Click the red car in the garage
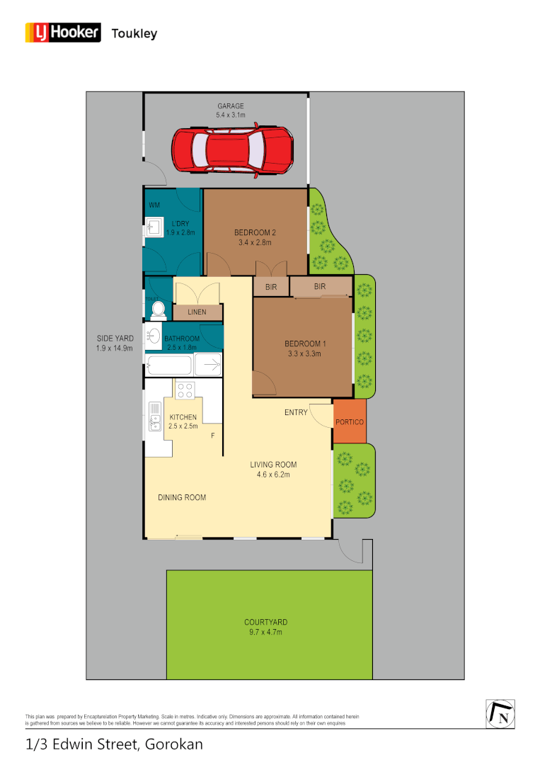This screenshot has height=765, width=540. coord(232,149)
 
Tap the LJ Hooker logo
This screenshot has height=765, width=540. coord(63,33)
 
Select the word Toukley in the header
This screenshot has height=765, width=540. coord(134,33)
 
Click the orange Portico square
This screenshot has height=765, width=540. coord(350,422)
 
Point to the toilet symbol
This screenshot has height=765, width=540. coord(156,309)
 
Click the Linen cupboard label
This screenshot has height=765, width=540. coord(197,312)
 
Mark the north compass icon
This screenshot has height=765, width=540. coord(500,714)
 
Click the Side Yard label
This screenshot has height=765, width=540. coord(115,339)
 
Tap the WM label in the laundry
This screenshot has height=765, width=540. coord(154,205)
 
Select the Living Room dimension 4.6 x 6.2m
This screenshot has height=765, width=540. coord(273,475)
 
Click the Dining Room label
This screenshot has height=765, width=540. coord(182,497)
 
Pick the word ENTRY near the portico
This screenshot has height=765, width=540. coord(296,412)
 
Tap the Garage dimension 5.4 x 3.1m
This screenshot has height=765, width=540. coord(231,115)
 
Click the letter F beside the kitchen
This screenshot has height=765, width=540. coord(212,436)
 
